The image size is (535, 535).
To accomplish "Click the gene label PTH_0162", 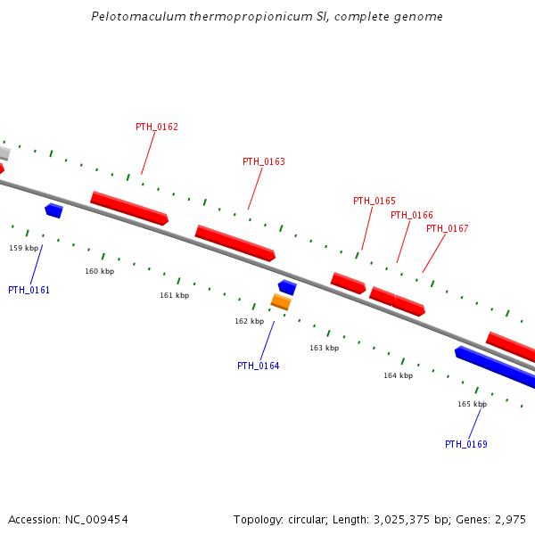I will [x=157, y=127].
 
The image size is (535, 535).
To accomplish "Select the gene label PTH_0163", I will [x=264, y=161].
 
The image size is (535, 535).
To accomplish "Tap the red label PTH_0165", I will [x=374, y=201].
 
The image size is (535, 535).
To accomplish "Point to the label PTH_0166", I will [x=412, y=215].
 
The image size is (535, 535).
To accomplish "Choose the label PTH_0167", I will [x=448, y=228].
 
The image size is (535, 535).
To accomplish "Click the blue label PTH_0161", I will [x=29, y=290].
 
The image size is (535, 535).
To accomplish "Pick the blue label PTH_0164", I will [x=259, y=366].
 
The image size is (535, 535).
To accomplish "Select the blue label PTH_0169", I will [x=466, y=444].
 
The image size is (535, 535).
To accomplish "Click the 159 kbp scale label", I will [x=24, y=248].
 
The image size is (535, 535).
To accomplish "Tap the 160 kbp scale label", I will [x=100, y=271].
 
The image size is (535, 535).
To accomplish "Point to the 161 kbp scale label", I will [x=175, y=295].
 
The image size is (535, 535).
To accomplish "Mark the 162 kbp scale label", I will [x=250, y=321].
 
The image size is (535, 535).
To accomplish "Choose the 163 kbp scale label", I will [x=325, y=348].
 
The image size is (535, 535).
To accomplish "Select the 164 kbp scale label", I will [x=399, y=375].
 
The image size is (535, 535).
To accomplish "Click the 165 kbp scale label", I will [x=473, y=404].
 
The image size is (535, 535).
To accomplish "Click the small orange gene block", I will [x=281, y=302].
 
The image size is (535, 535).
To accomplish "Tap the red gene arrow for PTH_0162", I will [x=129, y=208].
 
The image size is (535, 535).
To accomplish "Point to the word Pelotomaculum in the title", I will [x=134, y=17].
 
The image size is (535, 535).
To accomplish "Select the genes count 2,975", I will [x=509, y=519].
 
